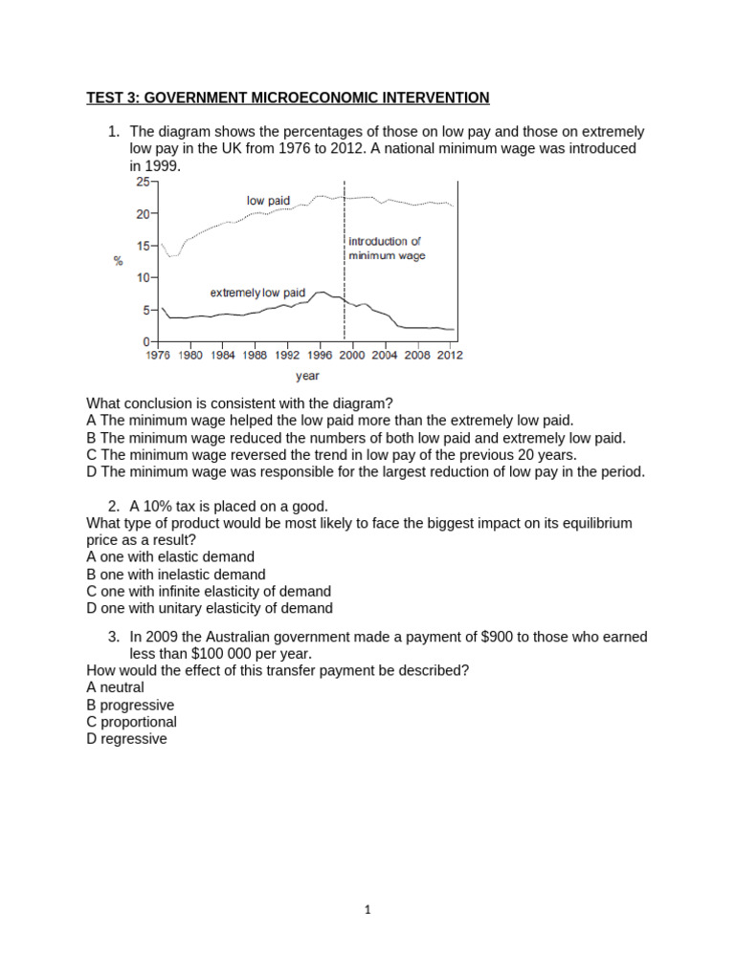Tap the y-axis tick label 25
click(142, 181)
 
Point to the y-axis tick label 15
click(142, 246)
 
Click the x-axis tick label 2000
click(353, 355)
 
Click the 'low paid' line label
click(268, 201)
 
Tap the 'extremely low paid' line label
click(258, 292)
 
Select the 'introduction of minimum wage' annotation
click(387, 249)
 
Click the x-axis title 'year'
click(307, 376)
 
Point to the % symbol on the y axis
click(119, 260)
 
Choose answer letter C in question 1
click(91, 455)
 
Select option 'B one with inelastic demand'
click(175, 575)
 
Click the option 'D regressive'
click(126, 739)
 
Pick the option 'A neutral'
click(115, 687)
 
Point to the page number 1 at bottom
click(367, 910)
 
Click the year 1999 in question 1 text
click(163, 165)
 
